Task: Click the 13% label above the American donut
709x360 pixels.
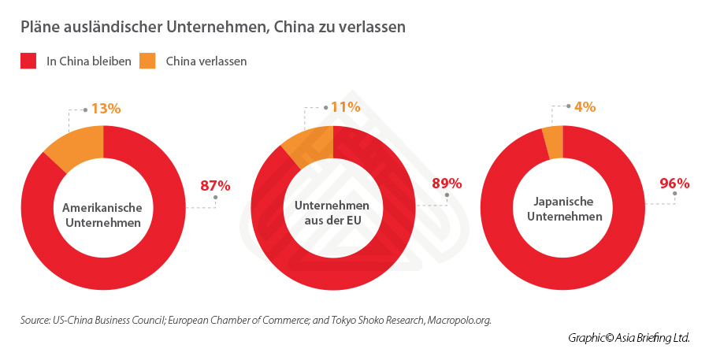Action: (106, 109)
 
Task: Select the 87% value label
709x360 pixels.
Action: (215, 186)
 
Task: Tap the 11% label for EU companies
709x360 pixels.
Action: (345, 107)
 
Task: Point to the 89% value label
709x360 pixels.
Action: (446, 184)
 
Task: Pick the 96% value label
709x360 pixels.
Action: (674, 184)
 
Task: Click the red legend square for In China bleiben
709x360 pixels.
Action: (28, 61)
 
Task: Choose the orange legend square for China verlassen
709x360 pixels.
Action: (147, 61)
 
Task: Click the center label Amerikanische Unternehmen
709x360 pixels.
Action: (102, 215)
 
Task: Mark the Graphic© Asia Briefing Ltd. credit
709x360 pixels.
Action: (629, 338)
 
